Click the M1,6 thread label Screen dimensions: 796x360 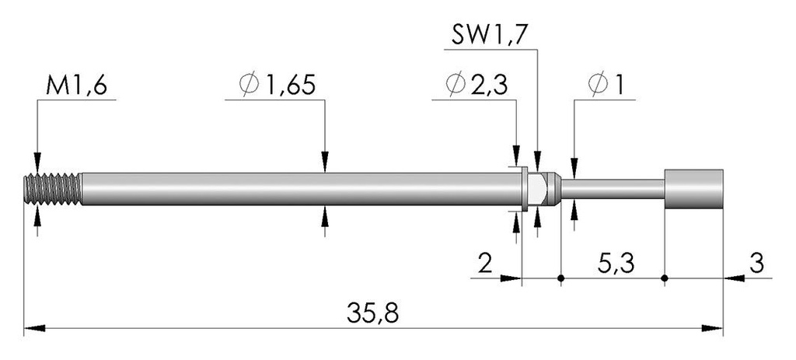pyautogui.click(x=77, y=86)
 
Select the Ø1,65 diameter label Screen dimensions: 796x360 pyautogui.click(x=278, y=86)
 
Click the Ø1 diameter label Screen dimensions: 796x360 pyautogui.click(x=606, y=86)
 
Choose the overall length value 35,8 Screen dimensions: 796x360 pyautogui.click(x=373, y=313)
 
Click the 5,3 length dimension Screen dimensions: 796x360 pyautogui.click(x=616, y=264)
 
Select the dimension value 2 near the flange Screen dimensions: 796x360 pyautogui.click(x=486, y=264)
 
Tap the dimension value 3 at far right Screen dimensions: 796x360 pyautogui.click(x=756, y=264)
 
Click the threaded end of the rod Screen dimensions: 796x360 pyautogui.click(x=53, y=189)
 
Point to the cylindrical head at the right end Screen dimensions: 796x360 pyautogui.click(x=693, y=189)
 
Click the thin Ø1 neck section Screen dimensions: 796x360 pyautogui.click(x=613, y=189)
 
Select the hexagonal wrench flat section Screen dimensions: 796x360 pyautogui.click(x=538, y=188)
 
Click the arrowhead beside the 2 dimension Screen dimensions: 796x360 pyautogui.click(x=511, y=278)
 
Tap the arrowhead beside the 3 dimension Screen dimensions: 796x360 pyautogui.click(x=734, y=278)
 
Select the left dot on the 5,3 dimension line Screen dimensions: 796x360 pyautogui.click(x=561, y=278)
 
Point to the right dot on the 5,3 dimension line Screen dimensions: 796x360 pyautogui.click(x=665, y=278)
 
